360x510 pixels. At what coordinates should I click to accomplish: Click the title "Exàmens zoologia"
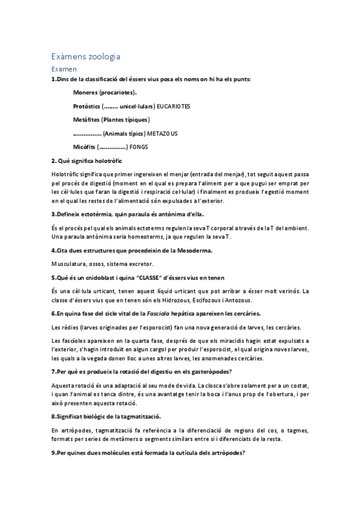pyautogui.click(x=86, y=57)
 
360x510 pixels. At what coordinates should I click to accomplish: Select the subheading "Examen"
pyautogui.click(x=64, y=70)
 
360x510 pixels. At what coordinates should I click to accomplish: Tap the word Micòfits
pyautogui.click(x=84, y=147)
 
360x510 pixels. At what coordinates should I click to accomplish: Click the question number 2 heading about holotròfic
pyautogui.click(x=87, y=161)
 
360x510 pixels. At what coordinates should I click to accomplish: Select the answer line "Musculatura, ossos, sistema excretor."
pyautogui.click(x=102, y=263)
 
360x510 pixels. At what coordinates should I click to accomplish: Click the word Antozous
pyautogui.click(x=237, y=300)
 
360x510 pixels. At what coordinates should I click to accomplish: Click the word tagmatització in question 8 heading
pyautogui.click(x=139, y=416)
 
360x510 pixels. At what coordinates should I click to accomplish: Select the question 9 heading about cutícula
pyautogui.click(x=147, y=452)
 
